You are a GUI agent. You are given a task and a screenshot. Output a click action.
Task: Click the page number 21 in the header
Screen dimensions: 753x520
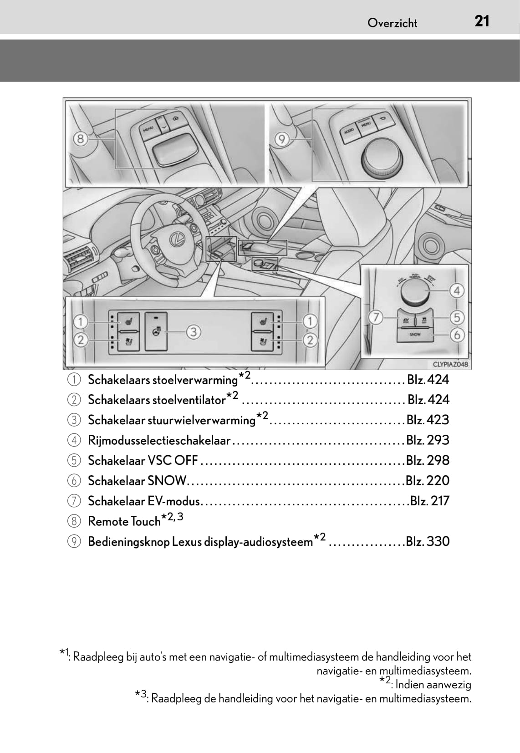(482, 21)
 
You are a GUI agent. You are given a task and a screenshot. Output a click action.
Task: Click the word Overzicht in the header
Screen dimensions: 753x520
(392, 23)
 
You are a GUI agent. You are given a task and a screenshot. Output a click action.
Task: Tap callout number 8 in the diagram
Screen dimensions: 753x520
(80, 138)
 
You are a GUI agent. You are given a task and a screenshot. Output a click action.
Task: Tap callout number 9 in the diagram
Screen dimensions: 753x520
(282, 138)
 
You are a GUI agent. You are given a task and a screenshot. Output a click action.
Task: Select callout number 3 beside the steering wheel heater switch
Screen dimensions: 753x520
(194, 331)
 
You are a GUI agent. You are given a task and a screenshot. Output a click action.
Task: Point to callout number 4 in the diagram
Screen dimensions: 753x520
(457, 290)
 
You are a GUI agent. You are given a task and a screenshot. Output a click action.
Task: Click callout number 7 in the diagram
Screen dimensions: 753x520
(376, 317)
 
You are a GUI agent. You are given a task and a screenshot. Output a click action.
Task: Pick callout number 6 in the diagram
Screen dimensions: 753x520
(457, 336)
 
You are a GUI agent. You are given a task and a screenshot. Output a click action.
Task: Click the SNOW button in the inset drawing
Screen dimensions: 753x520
(415, 335)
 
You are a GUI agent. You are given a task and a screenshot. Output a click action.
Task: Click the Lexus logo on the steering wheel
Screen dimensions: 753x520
(174, 238)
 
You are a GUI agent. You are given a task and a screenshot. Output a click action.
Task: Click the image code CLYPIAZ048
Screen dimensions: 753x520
(450, 364)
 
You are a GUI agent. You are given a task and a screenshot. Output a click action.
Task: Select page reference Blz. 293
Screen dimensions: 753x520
(428, 440)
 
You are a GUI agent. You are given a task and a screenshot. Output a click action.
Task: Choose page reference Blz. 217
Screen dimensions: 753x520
(429, 501)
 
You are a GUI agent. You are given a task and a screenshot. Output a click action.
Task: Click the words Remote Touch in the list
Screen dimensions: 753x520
(124, 521)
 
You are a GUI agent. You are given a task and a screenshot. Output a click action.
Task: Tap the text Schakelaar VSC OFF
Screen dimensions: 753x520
(143, 460)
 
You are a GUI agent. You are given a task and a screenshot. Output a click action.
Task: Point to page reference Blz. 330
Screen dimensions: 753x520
(428, 541)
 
